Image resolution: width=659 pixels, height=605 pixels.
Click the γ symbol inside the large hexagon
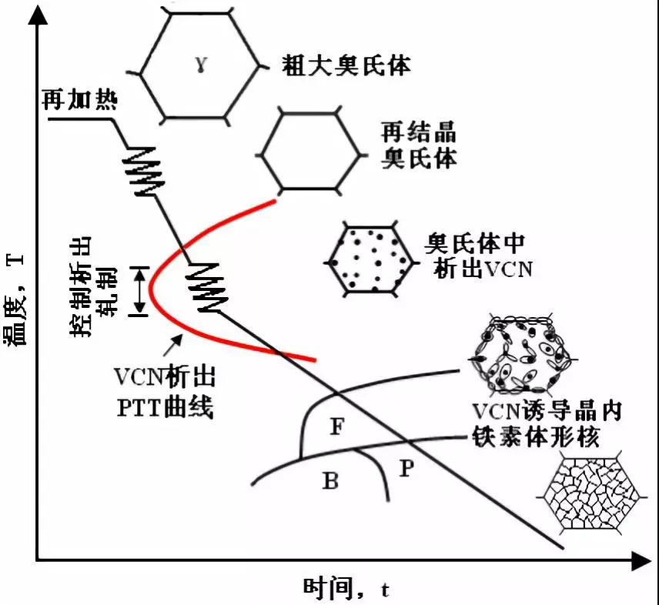199,65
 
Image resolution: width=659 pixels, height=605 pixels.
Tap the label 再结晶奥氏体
419,144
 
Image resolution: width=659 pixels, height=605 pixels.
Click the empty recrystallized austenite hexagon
309,149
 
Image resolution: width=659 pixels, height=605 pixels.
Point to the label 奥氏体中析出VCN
474,256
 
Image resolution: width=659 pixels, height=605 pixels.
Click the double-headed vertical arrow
139,291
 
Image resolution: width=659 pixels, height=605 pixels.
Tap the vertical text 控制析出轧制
91,286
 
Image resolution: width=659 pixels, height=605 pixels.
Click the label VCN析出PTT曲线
164,393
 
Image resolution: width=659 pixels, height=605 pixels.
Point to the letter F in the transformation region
337,424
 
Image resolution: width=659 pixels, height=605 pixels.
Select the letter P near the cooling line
407,467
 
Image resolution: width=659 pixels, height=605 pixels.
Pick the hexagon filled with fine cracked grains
593,493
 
